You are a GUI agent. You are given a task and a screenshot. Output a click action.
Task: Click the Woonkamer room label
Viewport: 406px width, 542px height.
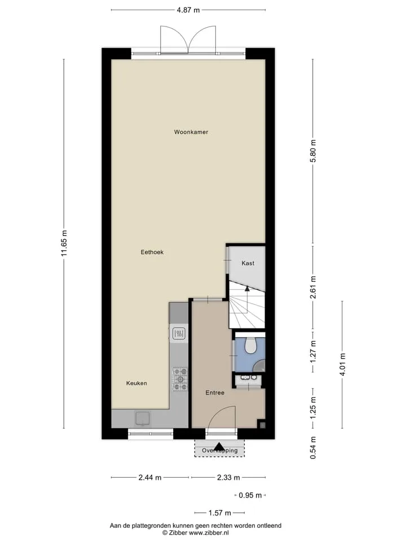tap(191, 132)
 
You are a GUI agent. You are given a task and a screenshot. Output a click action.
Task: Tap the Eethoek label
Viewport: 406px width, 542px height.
tap(152, 252)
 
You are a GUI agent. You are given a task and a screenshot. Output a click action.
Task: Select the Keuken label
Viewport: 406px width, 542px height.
tap(136, 383)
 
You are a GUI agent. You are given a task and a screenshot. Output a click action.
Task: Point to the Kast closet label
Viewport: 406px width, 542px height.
tap(248, 264)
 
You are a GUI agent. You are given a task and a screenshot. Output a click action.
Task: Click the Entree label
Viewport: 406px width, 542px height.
tap(215, 393)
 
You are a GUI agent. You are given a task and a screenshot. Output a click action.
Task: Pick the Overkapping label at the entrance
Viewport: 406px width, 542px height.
tap(219, 451)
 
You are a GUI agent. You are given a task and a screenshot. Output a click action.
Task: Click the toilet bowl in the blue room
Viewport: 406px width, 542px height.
tap(250, 346)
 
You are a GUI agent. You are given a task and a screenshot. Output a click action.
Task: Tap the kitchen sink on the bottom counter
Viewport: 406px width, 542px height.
tap(142, 418)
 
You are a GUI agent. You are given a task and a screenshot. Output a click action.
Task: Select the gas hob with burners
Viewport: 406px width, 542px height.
tap(180, 379)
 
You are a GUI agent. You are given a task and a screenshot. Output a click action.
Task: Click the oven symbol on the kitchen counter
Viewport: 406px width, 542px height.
tap(179, 334)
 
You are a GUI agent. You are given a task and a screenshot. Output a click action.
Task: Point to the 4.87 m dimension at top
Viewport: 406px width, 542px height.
tap(188, 10)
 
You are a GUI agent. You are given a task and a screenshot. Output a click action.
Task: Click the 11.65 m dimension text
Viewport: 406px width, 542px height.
tap(64, 243)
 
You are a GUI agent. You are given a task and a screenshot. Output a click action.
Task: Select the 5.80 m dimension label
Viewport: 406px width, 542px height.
tap(313, 151)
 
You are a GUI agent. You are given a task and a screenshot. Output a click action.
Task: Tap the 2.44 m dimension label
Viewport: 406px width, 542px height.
tap(150, 478)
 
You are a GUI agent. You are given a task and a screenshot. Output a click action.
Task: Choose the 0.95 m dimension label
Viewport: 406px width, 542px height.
tap(250, 495)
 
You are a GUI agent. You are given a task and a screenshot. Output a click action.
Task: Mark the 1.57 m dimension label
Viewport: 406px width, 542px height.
tap(219, 513)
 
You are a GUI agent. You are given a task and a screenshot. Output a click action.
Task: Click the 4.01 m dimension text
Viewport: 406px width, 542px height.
tap(342, 364)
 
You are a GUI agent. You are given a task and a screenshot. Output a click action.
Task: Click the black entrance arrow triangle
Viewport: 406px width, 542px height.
tap(219, 447)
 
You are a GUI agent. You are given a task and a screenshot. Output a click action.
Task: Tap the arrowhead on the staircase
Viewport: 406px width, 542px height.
tap(247, 289)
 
